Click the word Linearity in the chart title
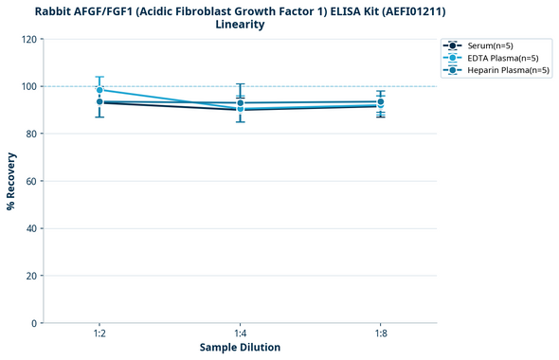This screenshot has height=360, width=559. (x=240, y=25)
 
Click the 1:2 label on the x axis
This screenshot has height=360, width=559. (x=99, y=333)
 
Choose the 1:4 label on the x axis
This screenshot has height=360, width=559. (x=240, y=333)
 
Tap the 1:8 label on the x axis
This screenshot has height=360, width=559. (x=380, y=333)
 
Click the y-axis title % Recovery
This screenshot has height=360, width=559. (x=11, y=181)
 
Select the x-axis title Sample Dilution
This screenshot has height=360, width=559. (x=240, y=348)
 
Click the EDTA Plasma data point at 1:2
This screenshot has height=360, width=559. (x=99, y=90)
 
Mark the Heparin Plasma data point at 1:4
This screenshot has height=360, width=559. (x=240, y=102)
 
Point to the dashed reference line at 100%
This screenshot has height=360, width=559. (x=313, y=86)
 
